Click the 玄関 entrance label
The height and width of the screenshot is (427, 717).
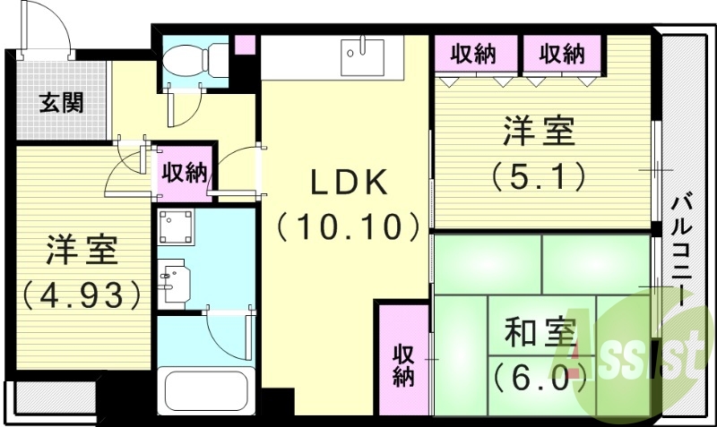[61, 101]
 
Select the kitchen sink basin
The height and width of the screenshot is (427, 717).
[364, 55]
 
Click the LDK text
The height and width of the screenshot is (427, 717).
[349, 183]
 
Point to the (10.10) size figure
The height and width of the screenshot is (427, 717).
[349, 226]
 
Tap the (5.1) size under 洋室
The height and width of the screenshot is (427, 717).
[539, 174]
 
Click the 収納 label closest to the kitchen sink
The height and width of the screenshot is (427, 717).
[473, 54]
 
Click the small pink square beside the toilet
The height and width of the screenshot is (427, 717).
[244, 45]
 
